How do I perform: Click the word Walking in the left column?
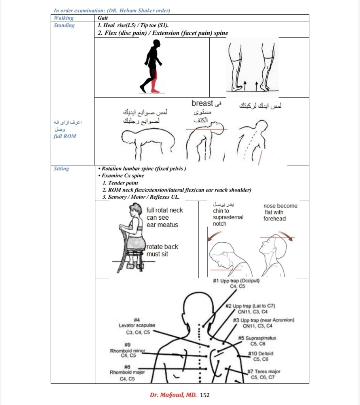coord(63,18)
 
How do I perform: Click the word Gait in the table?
coord(102,18)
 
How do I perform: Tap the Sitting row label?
coord(61,169)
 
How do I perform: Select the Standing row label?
coord(64,25)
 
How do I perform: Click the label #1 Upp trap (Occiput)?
coord(236,281)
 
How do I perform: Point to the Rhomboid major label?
coord(127,372)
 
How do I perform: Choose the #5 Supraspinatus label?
coord(258,338)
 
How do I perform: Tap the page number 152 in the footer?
coord(205,395)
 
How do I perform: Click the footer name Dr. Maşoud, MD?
coord(173,395)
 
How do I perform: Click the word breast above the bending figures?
coord(202,103)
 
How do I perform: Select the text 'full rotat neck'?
coord(165,210)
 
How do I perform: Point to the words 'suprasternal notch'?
coord(228,221)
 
